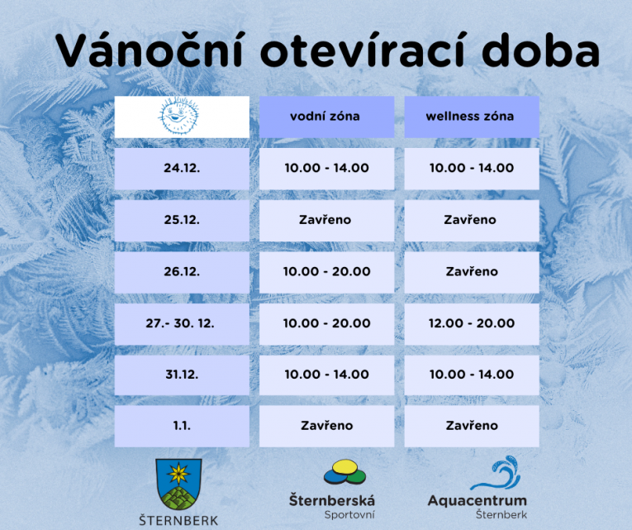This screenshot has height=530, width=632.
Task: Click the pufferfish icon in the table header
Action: pyautogui.click(x=182, y=116)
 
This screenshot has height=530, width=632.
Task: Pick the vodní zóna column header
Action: pyautogui.click(x=326, y=117)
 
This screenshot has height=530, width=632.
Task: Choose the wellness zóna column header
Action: pyautogui.click(x=471, y=117)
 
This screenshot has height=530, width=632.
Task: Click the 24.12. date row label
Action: pyautogui.click(x=182, y=168)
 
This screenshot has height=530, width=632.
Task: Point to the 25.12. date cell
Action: pyautogui.click(x=182, y=220)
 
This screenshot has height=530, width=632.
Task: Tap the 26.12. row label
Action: pyautogui.click(x=182, y=271)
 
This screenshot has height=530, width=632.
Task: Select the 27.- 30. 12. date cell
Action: pyautogui.click(x=182, y=323)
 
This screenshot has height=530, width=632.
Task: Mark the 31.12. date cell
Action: pyautogui.click(x=182, y=375)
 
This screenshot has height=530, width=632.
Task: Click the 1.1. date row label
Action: pyautogui.click(x=182, y=426)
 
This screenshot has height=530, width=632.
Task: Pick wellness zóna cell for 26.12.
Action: pyautogui.click(x=471, y=271)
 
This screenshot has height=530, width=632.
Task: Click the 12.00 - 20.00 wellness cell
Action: pyautogui.click(x=471, y=323)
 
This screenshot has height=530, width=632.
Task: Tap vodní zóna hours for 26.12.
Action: pyautogui.click(x=326, y=271)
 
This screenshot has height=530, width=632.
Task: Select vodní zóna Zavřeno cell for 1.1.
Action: pyautogui.click(x=326, y=426)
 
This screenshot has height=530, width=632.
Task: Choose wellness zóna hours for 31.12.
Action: pyautogui.click(x=471, y=375)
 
